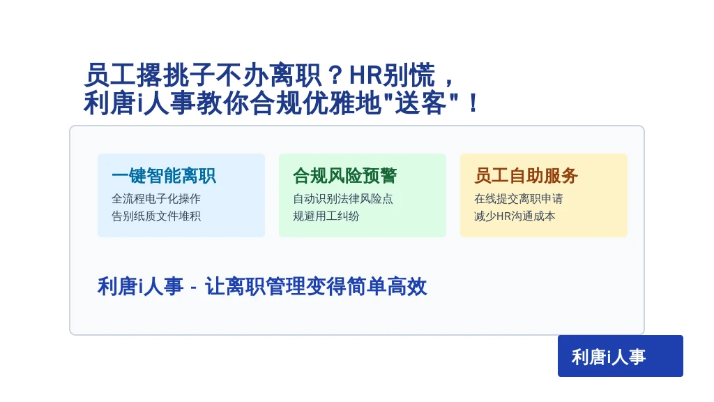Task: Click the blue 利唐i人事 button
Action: [620, 356]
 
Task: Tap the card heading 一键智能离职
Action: [163, 175]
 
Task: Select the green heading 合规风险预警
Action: [344, 175]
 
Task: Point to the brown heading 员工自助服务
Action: [526, 175]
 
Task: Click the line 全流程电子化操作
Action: [156, 199]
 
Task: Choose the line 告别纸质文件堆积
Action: [156, 216]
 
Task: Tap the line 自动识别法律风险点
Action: [343, 199]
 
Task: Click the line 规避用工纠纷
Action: [326, 216]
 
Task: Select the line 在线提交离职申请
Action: [519, 199]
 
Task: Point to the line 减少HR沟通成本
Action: [515, 216]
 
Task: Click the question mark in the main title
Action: [335, 75]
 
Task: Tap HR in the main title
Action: [365, 75]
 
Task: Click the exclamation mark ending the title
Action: [473, 103]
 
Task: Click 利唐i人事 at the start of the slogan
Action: [140, 287]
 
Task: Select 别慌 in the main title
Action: [409, 75]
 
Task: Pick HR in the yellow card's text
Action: [504, 216]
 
